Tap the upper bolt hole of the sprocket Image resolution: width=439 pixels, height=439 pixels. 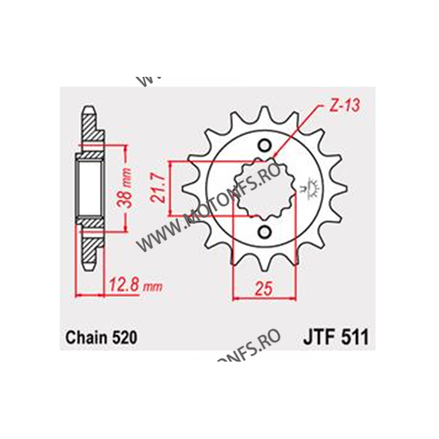point(265,146)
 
